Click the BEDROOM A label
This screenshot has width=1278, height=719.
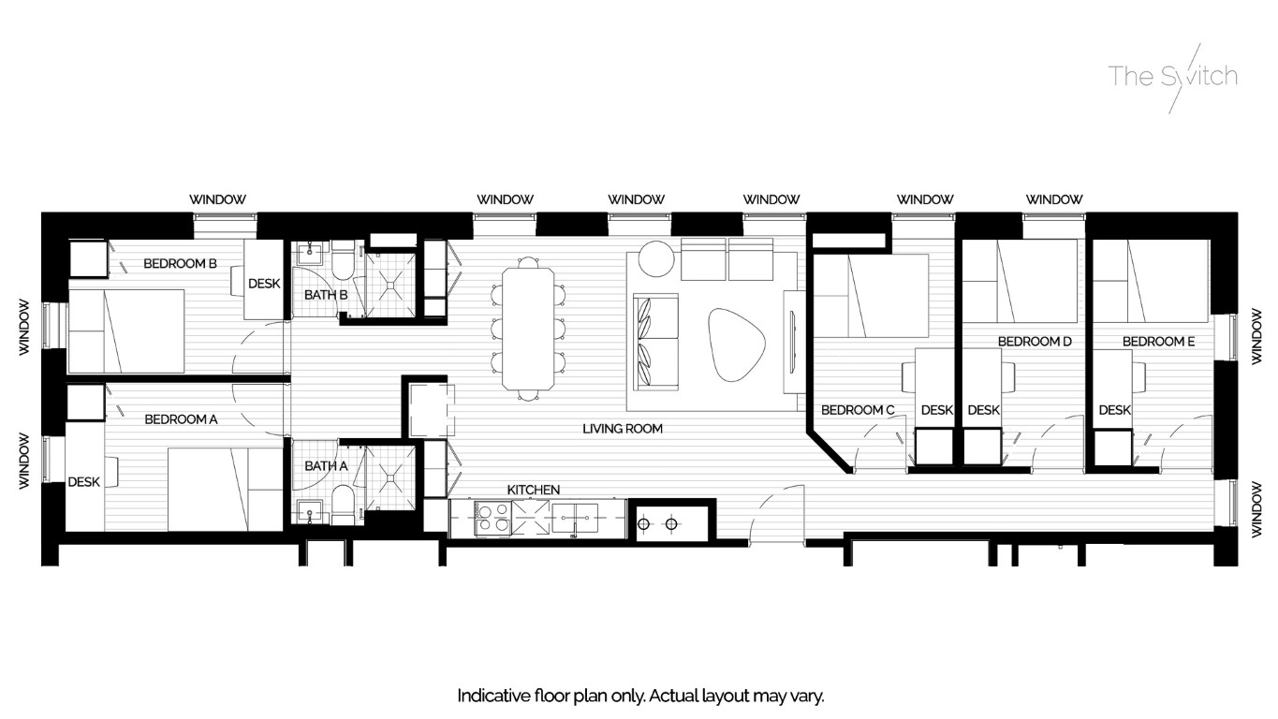(x=181, y=419)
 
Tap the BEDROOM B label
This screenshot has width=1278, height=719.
(x=180, y=264)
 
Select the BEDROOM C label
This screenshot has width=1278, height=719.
(x=858, y=410)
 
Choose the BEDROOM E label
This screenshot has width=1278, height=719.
(x=1158, y=342)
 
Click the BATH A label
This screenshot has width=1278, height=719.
(x=325, y=465)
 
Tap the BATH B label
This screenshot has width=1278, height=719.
(x=326, y=295)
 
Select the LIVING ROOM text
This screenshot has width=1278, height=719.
(x=622, y=429)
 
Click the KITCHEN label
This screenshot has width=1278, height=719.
(x=533, y=490)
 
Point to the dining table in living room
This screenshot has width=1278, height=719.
(x=527, y=328)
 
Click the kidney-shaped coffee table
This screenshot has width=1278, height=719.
(x=738, y=344)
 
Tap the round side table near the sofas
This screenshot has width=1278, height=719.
(x=655, y=259)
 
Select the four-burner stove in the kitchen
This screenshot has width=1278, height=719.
(x=494, y=519)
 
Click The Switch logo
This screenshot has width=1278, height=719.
(x=1173, y=77)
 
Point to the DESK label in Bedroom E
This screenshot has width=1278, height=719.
(x=1114, y=410)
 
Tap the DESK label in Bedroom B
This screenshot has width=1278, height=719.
(x=263, y=284)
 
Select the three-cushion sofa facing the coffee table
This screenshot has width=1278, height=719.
(x=656, y=342)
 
